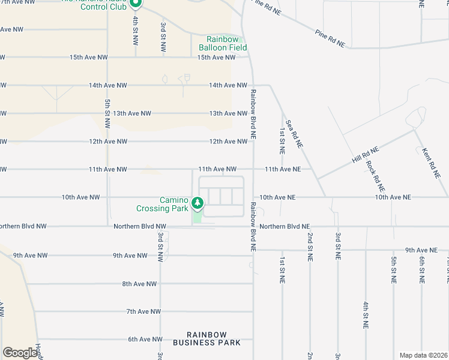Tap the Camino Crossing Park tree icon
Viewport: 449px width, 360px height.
197,204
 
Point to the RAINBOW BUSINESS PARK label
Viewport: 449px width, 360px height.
206,338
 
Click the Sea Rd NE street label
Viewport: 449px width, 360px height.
294,134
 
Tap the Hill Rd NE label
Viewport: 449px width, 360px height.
365,156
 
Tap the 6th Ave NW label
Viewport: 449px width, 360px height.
145,339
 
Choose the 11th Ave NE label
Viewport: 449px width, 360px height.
283,170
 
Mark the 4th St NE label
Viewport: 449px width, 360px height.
365,315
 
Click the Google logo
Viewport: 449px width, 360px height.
20,353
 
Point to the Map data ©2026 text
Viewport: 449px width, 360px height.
423,355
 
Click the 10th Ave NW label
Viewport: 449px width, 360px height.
79,197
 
